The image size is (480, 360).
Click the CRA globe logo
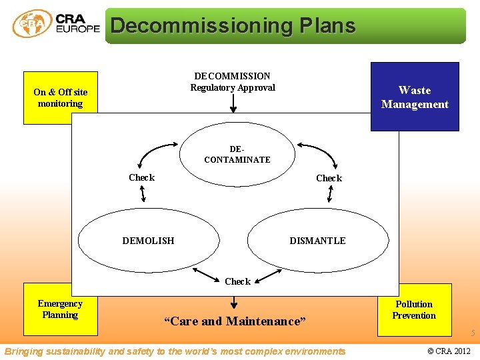point(32,24)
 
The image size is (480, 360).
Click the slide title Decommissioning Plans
point(233,26)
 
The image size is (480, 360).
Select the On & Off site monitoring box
point(61,98)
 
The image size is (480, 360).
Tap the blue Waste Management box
point(415,97)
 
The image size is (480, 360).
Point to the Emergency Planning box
point(60,309)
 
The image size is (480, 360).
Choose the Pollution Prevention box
point(414,310)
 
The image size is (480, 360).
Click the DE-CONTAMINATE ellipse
point(237,155)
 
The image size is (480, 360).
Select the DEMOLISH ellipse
point(149,241)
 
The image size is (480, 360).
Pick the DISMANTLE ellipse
point(318,241)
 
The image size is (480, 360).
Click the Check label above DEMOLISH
point(141,177)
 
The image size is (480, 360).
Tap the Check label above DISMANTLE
point(329,178)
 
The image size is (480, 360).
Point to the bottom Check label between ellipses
point(237,281)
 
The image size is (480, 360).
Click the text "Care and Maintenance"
point(235,321)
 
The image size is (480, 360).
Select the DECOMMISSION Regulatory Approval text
point(232,82)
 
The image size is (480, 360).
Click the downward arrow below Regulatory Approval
point(233,103)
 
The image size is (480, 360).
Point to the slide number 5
point(473,333)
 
